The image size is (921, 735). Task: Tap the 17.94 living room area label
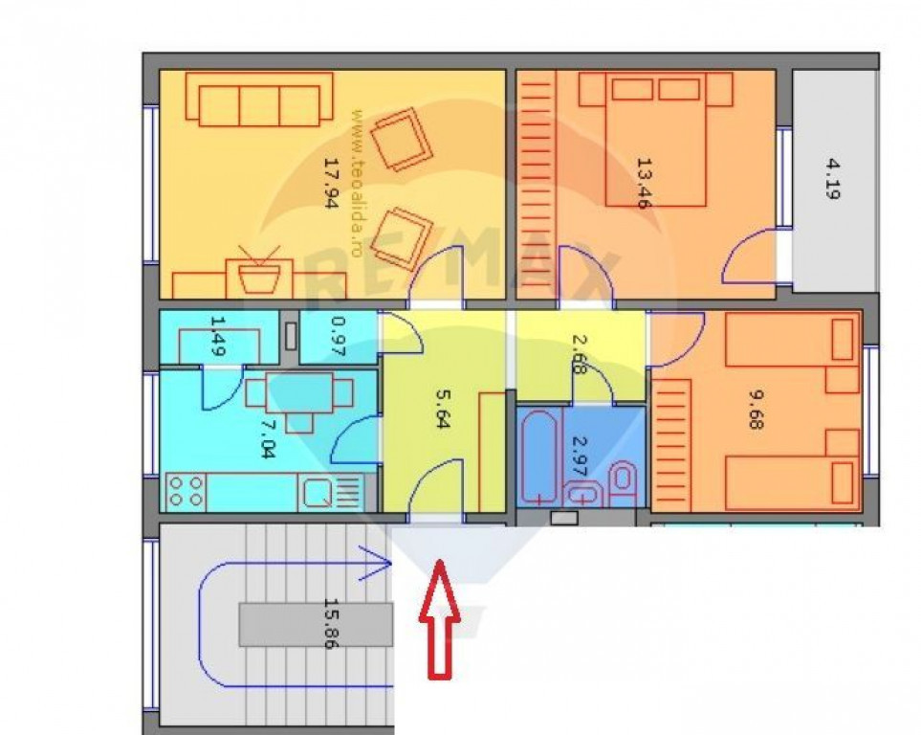pyautogui.click(x=332, y=183)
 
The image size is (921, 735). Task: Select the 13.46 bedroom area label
pyautogui.click(x=644, y=183)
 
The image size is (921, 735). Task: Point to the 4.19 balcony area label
pyautogui.click(x=832, y=179)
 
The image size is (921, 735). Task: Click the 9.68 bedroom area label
pyautogui.click(x=756, y=411)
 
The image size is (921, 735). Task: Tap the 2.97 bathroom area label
pyautogui.click(x=580, y=457)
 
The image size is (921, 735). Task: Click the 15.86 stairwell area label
pyautogui.click(x=332, y=624)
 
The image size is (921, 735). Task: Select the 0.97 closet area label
pyautogui.click(x=339, y=337)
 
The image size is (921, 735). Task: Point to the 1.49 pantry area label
pyautogui.click(x=218, y=336)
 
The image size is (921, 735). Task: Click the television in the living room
pyautogui.click(x=258, y=272)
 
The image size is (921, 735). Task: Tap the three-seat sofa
pyautogui.click(x=259, y=100)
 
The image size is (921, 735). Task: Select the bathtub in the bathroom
pyautogui.click(x=538, y=458)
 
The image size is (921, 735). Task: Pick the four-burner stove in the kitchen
pyautogui.click(x=185, y=492)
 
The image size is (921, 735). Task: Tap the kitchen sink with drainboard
pyautogui.click(x=330, y=492)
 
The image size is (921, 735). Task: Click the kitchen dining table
pyautogui.click(x=299, y=396)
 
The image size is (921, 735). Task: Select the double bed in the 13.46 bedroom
pyautogui.click(x=655, y=140)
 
